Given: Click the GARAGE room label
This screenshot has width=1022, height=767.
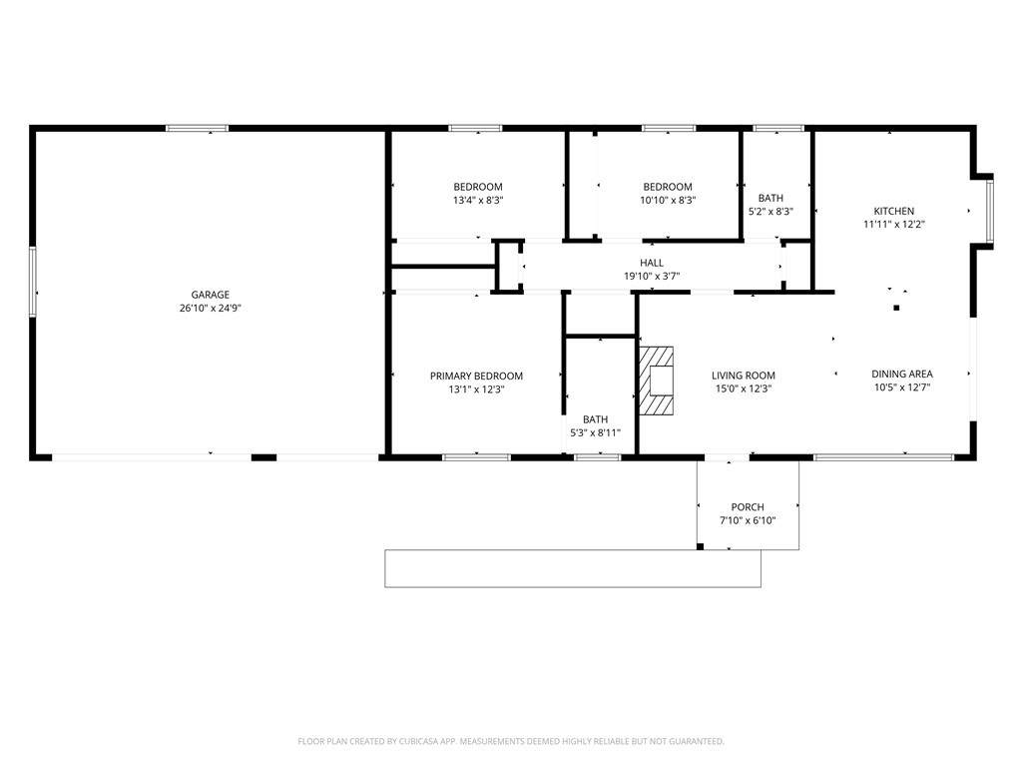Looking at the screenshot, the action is (210, 295).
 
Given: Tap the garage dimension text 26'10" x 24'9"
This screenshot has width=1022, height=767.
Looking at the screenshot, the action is (210, 309).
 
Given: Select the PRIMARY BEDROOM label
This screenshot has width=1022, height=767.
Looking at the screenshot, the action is (476, 376).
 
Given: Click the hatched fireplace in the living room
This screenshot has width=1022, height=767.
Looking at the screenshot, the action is (655, 381).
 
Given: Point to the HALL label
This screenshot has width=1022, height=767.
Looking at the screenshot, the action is (652, 263).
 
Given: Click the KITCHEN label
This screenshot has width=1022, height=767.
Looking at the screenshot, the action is (894, 211).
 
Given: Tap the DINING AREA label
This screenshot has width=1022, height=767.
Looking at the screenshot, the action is (902, 374).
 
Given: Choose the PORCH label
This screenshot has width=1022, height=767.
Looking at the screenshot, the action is (748, 506).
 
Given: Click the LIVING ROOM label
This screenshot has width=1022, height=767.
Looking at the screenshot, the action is (743, 376).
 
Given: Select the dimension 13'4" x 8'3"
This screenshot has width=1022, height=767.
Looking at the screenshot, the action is (478, 200).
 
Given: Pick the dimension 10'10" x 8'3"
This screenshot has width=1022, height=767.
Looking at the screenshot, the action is (668, 200).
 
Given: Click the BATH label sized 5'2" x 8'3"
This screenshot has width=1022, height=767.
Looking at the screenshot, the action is (770, 198).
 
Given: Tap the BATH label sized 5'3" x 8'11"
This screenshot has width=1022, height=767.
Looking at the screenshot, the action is (595, 419).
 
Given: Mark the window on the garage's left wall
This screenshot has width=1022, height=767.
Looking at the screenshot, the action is (33, 282).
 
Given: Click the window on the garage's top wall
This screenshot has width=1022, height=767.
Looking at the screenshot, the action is (197, 129).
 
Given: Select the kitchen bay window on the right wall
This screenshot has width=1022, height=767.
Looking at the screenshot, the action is (989, 211).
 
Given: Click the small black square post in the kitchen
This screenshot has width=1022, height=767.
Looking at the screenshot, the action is (896, 308).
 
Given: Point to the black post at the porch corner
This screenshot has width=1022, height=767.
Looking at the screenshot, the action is (700, 546).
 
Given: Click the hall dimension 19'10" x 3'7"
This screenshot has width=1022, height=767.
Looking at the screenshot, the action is (652, 276).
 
